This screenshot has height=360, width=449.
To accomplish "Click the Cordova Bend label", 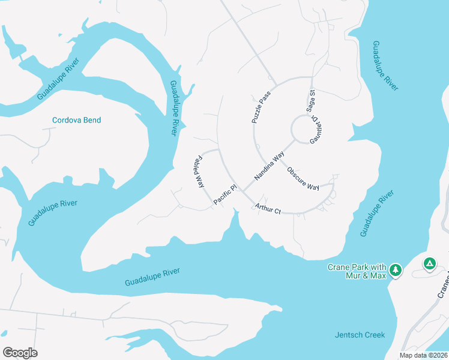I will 76,120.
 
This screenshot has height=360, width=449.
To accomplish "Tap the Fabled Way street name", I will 199,172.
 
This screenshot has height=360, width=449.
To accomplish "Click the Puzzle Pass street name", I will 261,107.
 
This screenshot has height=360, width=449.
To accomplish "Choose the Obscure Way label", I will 303,178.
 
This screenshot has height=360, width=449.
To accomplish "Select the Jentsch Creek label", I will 359,335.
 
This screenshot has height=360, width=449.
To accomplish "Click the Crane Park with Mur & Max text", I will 357,271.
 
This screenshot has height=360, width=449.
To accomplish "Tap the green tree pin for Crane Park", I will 395,271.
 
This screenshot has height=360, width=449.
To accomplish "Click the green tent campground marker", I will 429,263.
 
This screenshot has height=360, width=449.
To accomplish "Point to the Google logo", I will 20,353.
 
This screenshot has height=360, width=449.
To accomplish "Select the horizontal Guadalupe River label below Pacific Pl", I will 152,277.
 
